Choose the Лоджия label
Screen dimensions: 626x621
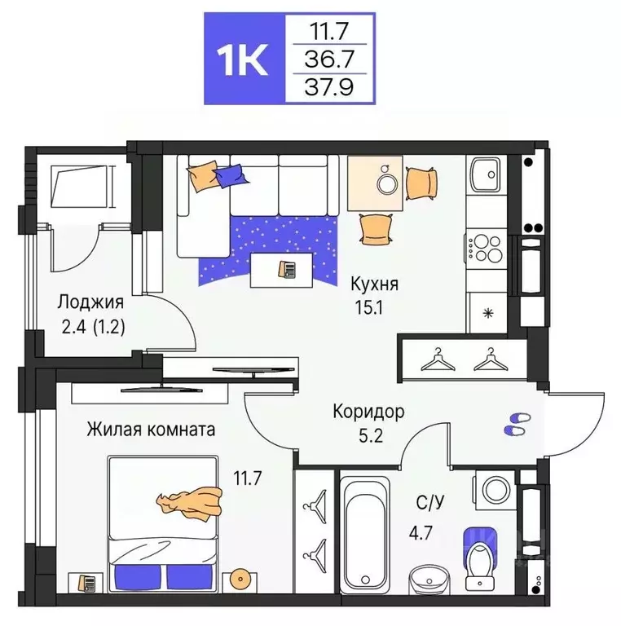[x=90, y=302]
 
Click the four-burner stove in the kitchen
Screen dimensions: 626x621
[x=487, y=247]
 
